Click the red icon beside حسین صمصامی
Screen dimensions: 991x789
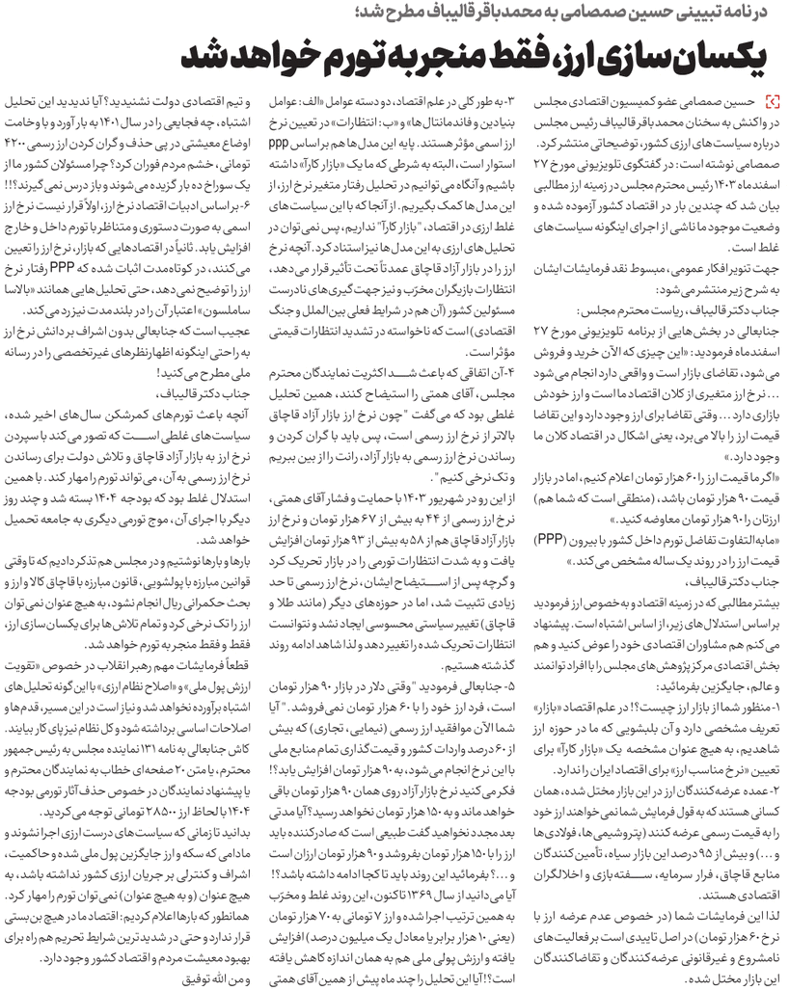770,100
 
